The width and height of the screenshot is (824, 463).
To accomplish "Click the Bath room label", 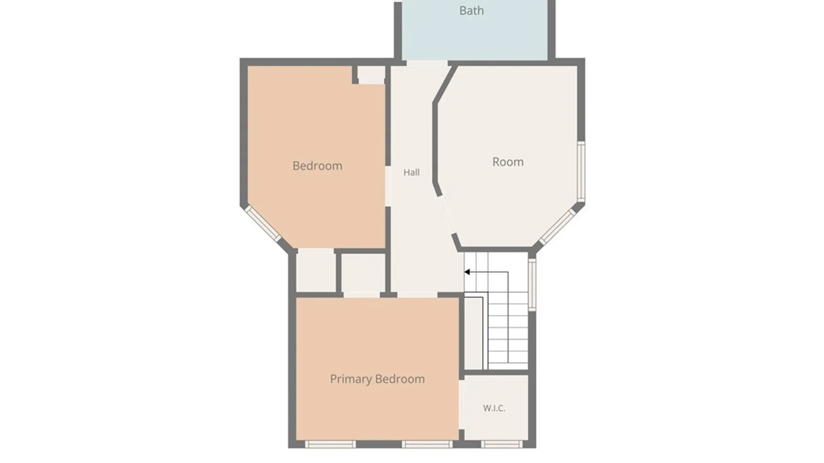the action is (x=472, y=11).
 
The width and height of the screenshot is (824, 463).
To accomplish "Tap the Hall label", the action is (x=412, y=172).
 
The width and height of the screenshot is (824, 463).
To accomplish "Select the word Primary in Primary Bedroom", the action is (x=351, y=379).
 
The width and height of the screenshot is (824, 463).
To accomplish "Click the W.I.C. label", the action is (x=494, y=408).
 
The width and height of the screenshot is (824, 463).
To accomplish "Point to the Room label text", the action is (x=508, y=162).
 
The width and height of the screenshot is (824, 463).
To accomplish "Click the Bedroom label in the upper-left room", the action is (x=318, y=166).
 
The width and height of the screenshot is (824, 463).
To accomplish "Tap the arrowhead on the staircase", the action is (x=467, y=272).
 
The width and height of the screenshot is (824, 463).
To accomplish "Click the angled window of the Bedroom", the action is (x=263, y=223).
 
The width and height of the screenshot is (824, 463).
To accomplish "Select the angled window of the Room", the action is (x=557, y=227).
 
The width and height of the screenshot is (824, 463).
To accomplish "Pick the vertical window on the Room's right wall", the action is (x=581, y=171).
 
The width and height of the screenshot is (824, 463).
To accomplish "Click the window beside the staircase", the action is (x=532, y=284).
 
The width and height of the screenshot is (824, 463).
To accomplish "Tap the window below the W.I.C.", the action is (x=501, y=445).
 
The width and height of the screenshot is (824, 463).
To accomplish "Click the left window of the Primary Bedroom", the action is (x=330, y=445).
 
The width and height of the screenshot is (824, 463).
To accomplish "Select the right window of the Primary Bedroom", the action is (x=427, y=445).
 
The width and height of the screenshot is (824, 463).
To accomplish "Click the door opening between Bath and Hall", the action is (x=427, y=63).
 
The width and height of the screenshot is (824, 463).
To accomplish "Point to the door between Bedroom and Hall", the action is (x=388, y=186).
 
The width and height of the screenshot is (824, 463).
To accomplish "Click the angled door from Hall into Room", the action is (x=447, y=215).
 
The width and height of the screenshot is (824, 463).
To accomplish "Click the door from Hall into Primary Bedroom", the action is (x=417, y=295).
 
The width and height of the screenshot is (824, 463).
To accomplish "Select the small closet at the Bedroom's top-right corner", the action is (x=371, y=75).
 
